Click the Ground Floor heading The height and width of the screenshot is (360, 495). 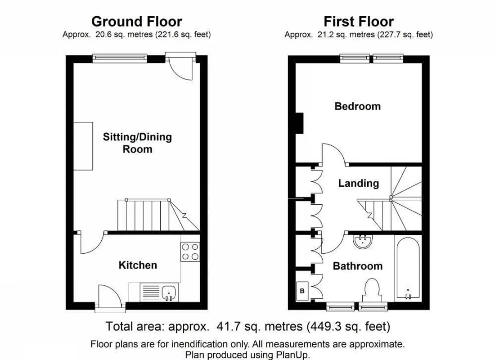pos(137,22)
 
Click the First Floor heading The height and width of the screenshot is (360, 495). pos(359,22)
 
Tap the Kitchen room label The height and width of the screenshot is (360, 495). pos(138,265)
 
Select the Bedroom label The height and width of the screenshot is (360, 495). pos(357,106)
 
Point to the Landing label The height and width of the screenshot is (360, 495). pos(358,183)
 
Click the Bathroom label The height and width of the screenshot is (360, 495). pos(358,266)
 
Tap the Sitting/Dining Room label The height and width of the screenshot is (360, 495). pos(137,143)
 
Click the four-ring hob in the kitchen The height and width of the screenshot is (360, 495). pos(190,252)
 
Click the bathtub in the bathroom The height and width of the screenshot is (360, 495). pos(408,268)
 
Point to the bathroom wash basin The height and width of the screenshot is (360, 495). pos(362,241)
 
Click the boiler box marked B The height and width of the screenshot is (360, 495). pos(302,291)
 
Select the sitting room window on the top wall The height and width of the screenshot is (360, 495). pos(120,58)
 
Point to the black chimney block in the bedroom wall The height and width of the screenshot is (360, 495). pos(299,123)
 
